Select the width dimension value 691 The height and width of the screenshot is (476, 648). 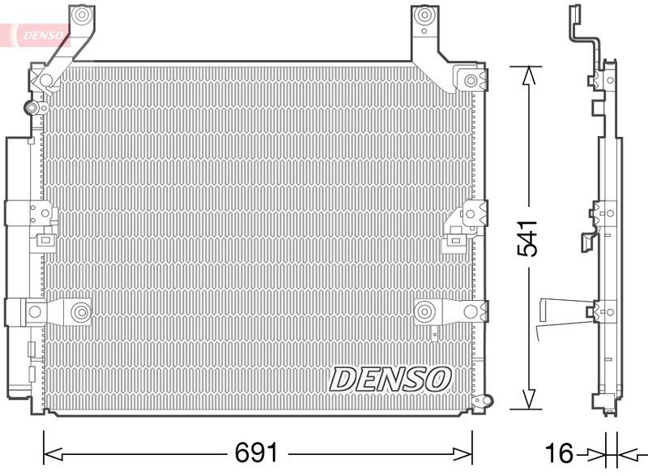tap(257, 452)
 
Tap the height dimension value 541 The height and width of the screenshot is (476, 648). tap(528, 238)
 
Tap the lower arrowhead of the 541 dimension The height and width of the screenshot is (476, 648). tap(528, 400)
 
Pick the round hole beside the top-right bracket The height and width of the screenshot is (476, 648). tap(471, 80)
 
